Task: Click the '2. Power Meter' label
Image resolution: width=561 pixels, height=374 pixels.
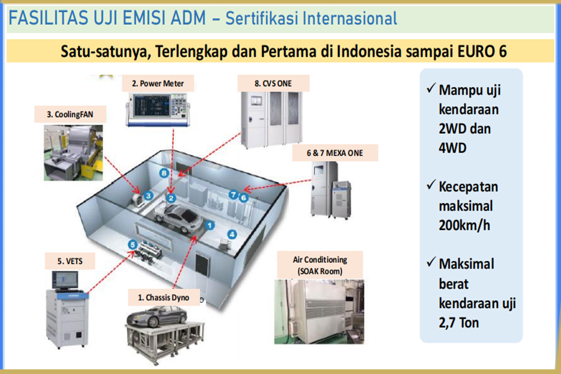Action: click(158, 83)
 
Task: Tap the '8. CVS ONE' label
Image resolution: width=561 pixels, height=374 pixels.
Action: click(273, 83)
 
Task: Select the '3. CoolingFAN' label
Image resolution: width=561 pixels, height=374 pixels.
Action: click(70, 114)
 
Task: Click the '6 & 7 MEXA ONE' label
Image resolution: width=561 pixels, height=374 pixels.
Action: click(335, 153)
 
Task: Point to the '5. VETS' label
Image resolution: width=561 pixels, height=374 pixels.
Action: click(70, 261)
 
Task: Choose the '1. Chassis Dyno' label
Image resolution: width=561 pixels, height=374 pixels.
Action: click(163, 298)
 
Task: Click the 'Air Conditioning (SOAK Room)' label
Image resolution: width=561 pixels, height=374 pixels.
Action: click(320, 265)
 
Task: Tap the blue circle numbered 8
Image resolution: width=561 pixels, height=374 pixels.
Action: click(164, 173)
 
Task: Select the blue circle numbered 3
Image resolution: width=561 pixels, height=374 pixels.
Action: click(148, 195)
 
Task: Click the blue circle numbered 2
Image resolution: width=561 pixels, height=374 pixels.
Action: click(171, 198)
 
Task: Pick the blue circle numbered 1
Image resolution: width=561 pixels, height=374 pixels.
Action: click(210, 225)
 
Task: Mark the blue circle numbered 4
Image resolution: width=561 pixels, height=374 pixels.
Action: click(232, 234)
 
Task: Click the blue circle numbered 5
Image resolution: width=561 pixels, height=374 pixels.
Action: click(132, 245)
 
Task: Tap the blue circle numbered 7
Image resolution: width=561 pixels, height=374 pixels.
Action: click(233, 194)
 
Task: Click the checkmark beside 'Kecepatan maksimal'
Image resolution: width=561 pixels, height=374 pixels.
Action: click(431, 184)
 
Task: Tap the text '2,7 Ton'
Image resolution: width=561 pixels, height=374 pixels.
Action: click(459, 322)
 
